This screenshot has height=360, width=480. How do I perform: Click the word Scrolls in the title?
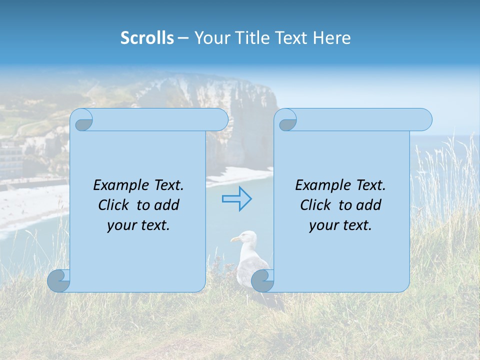(x=147, y=38)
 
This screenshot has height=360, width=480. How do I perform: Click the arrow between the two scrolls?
(x=236, y=199)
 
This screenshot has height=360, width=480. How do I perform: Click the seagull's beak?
(x=233, y=240)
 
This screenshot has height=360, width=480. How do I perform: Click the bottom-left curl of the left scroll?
(x=58, y=280)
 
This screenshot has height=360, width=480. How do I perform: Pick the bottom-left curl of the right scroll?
(x=262, y=280)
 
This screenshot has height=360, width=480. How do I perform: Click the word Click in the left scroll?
(x=114, y=205)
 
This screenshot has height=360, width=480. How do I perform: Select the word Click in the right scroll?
(x=316, y=205)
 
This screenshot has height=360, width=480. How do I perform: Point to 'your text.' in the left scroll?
(x=138, y=225)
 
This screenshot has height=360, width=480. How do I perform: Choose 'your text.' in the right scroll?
(x=340, y=225)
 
